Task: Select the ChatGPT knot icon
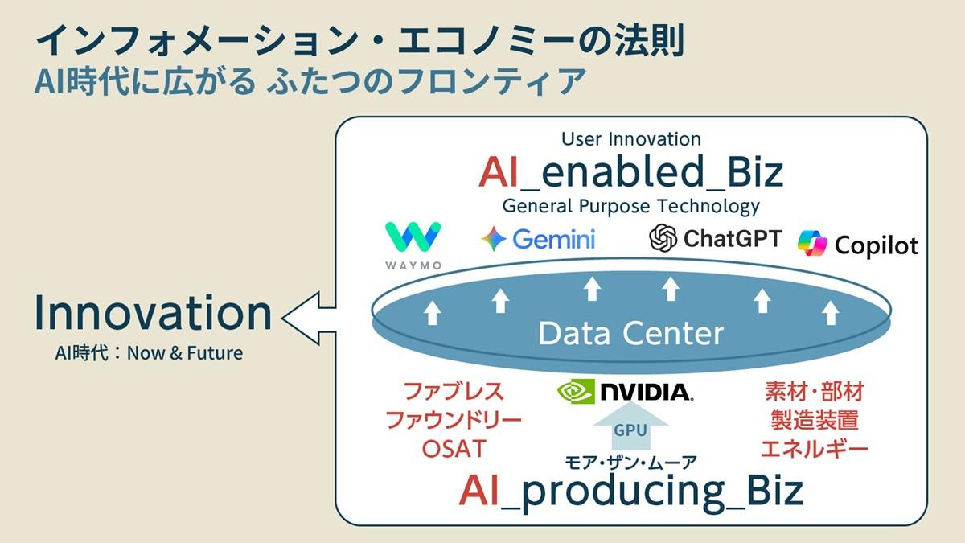(x=664, y=237)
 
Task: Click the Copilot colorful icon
(x=812, y=244)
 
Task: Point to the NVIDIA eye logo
(x=576, y=391)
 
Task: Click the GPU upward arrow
(x=630, y=426)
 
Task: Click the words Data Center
(x=630, y=333)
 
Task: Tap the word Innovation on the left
(x=153, y=314)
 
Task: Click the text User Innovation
(x=631, y=139)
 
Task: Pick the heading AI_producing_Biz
(x=631, y=491)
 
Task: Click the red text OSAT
(x=454, y=448)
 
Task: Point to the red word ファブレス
(x=454, y=392)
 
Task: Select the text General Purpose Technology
(x=631, y=206)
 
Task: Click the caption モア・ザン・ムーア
(x=630, y=462)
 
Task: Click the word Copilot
(x=876, y=245)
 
